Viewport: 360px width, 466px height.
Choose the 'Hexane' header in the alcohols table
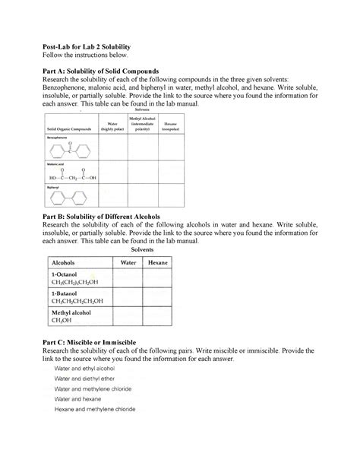pyautogui.click(x=159, y=262)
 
